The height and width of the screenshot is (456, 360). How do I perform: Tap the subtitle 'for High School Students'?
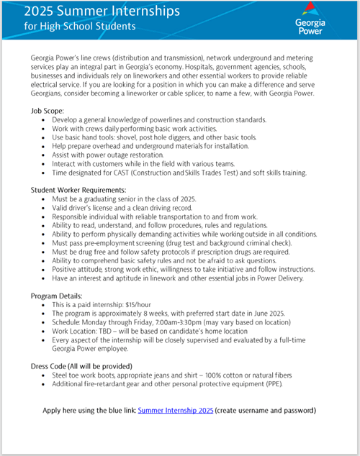coord(79,27)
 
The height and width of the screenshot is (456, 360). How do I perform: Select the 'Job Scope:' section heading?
coord(48,111)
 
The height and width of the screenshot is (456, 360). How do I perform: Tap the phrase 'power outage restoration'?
coord(121,155)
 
